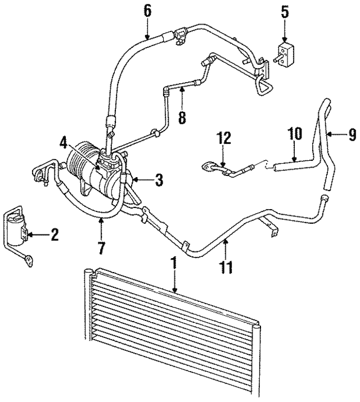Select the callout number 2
pyautogui.click(x=55, y=234)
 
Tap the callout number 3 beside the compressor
pyautogui.click(x=159, y=180)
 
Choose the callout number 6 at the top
pyautogui.click(x=147, y=10)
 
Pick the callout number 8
pyautogui.click(x=181, y=119)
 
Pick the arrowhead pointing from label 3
pyautogui.click(x=137, y=180)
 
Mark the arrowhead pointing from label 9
pyautogui.click(x=330, y=134)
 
